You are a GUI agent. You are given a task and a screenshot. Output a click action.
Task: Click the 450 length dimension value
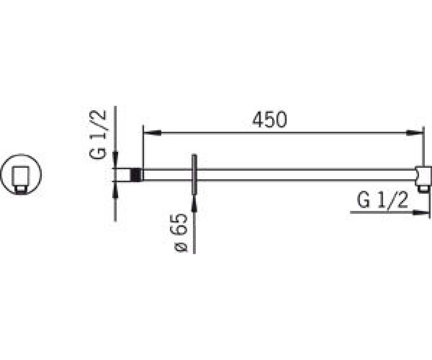270,120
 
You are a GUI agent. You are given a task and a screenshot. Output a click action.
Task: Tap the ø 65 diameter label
179,233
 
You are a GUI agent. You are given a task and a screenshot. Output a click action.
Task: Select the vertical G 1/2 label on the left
98,135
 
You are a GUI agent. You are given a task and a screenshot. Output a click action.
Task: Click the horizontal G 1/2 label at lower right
382,200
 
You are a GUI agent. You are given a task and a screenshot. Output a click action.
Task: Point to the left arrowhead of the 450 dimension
152,132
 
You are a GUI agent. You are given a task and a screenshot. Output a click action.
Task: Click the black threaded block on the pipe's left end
137,175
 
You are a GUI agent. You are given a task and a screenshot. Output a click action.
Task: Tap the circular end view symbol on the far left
21,174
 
